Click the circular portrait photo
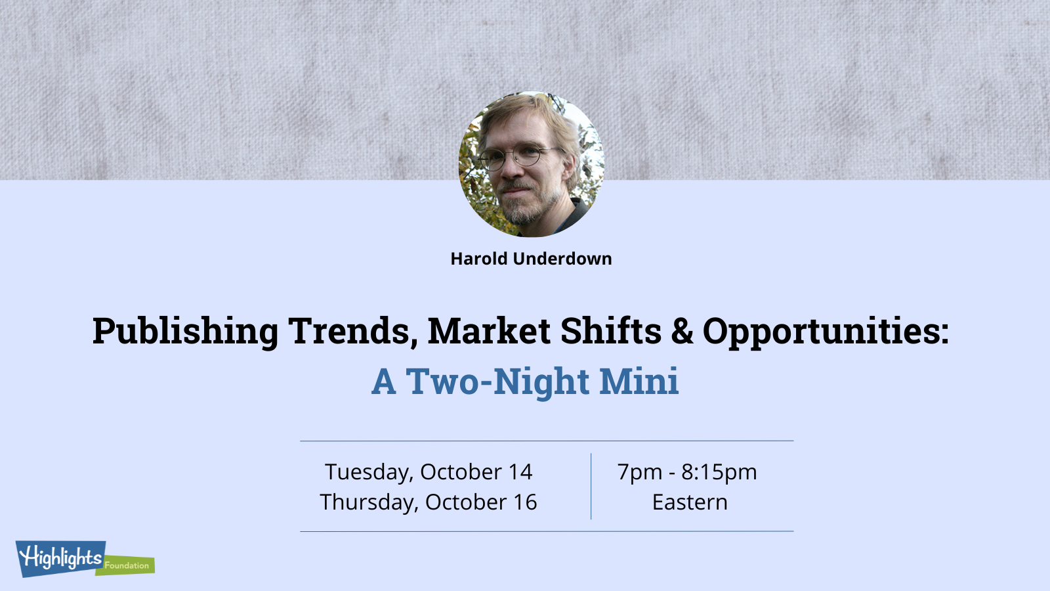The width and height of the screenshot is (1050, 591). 531,164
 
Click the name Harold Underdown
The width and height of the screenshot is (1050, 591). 531,259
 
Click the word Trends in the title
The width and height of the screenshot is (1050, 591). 352,331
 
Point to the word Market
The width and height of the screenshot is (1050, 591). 489,331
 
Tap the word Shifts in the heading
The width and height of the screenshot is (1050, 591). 611,330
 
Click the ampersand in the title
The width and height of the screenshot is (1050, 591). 682,331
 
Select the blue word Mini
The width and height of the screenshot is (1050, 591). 639,380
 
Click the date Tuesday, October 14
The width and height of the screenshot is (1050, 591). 429,472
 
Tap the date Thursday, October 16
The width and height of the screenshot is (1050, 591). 429,502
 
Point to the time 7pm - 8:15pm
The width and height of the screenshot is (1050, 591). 687,472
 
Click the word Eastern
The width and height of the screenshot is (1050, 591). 690,502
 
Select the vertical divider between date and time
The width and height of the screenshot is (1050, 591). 591,487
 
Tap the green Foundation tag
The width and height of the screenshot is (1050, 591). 126,565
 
